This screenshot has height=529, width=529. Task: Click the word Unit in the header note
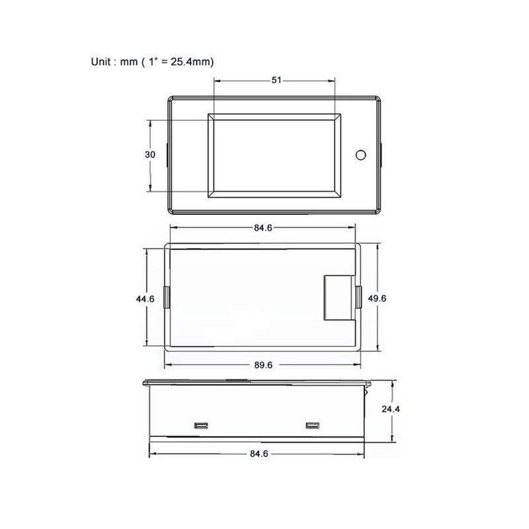click(x=102, y=61)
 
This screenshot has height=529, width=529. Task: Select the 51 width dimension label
click(x=276, y=80)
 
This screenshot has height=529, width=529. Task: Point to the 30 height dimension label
click(x=150, y=155)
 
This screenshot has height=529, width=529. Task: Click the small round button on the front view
click(x=361, y=155)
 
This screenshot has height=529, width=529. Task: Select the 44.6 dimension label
click(x=145, y=299)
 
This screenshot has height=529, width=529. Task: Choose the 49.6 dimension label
click(x=377, y=299)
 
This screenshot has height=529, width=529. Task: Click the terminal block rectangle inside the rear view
click(x=339, y=298)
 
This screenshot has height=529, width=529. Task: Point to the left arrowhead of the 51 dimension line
click(x=216, y=80)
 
